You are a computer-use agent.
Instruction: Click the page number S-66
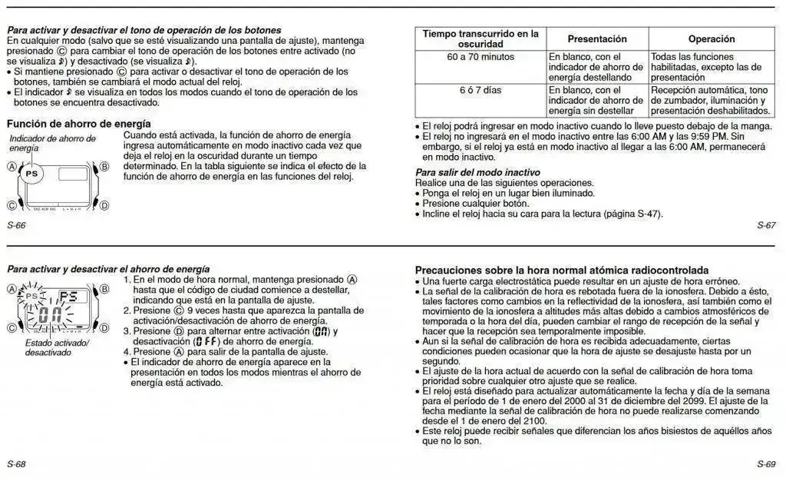(x=16, y=225)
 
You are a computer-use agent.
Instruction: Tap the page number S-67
(x=765, y=225)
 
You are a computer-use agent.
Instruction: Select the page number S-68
(x=16, y=464)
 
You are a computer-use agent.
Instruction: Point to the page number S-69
(x=765, y=464)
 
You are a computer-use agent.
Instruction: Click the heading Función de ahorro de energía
(x=79, y=124)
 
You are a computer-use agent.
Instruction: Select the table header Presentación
(x=597, y=39)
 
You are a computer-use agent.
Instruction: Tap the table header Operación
(x=711, y=39)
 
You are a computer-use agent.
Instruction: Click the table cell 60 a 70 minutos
(x=481, y=57)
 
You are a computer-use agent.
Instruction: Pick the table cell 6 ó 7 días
(x=481, y=90)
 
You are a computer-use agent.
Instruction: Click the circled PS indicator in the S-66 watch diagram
(x=31, y=174)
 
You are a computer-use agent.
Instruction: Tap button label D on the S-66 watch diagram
(x=104, y=205)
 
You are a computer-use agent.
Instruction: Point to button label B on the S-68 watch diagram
(x=104, y=289)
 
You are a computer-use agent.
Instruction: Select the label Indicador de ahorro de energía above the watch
(x=52, y=143)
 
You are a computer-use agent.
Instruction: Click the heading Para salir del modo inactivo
(x=477, y=172)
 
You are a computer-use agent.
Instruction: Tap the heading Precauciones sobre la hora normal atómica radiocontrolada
(x=562, y=271)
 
